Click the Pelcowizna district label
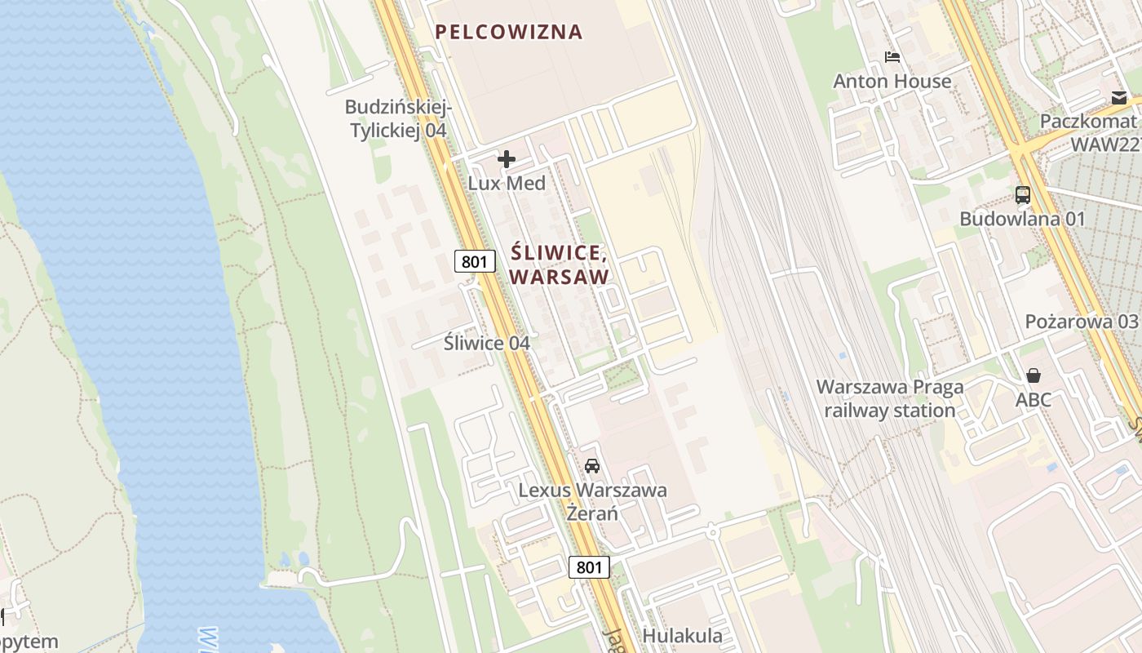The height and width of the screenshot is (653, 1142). tap(509, 32)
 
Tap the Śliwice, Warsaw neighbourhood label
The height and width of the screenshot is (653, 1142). tap(560, 264)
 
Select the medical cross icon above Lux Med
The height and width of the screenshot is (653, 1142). tap(507, 159)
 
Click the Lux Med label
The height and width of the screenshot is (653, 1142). tap(507, 183)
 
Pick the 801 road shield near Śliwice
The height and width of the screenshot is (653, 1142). tap(476, 261)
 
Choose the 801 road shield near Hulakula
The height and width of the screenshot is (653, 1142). tap(589, 567)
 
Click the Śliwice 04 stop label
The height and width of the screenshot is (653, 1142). tap(487, 343)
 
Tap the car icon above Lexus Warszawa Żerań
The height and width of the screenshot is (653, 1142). tap(592, 466)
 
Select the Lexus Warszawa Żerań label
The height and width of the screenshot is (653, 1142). tap(593, 502)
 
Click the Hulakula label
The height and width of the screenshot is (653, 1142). tap(683, 636)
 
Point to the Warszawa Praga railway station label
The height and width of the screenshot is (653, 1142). tap(890, 398)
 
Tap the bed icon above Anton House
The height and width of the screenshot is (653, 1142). tap(892, 57)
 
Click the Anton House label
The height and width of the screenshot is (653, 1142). tap(892, 81)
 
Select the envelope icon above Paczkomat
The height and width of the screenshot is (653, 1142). tap(1118, 98)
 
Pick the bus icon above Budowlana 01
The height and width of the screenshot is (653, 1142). tap(1023, 195)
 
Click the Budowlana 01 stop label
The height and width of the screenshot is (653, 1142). tap(1023, 219)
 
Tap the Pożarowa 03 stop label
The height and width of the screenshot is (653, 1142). tap(1082, 321)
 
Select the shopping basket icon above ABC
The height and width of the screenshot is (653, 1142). tap(1034, 375)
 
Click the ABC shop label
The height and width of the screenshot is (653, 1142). tap(1034, 400)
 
